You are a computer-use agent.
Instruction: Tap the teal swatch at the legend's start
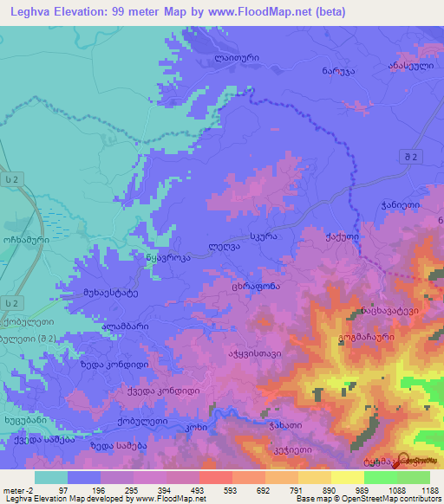[51, 477]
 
